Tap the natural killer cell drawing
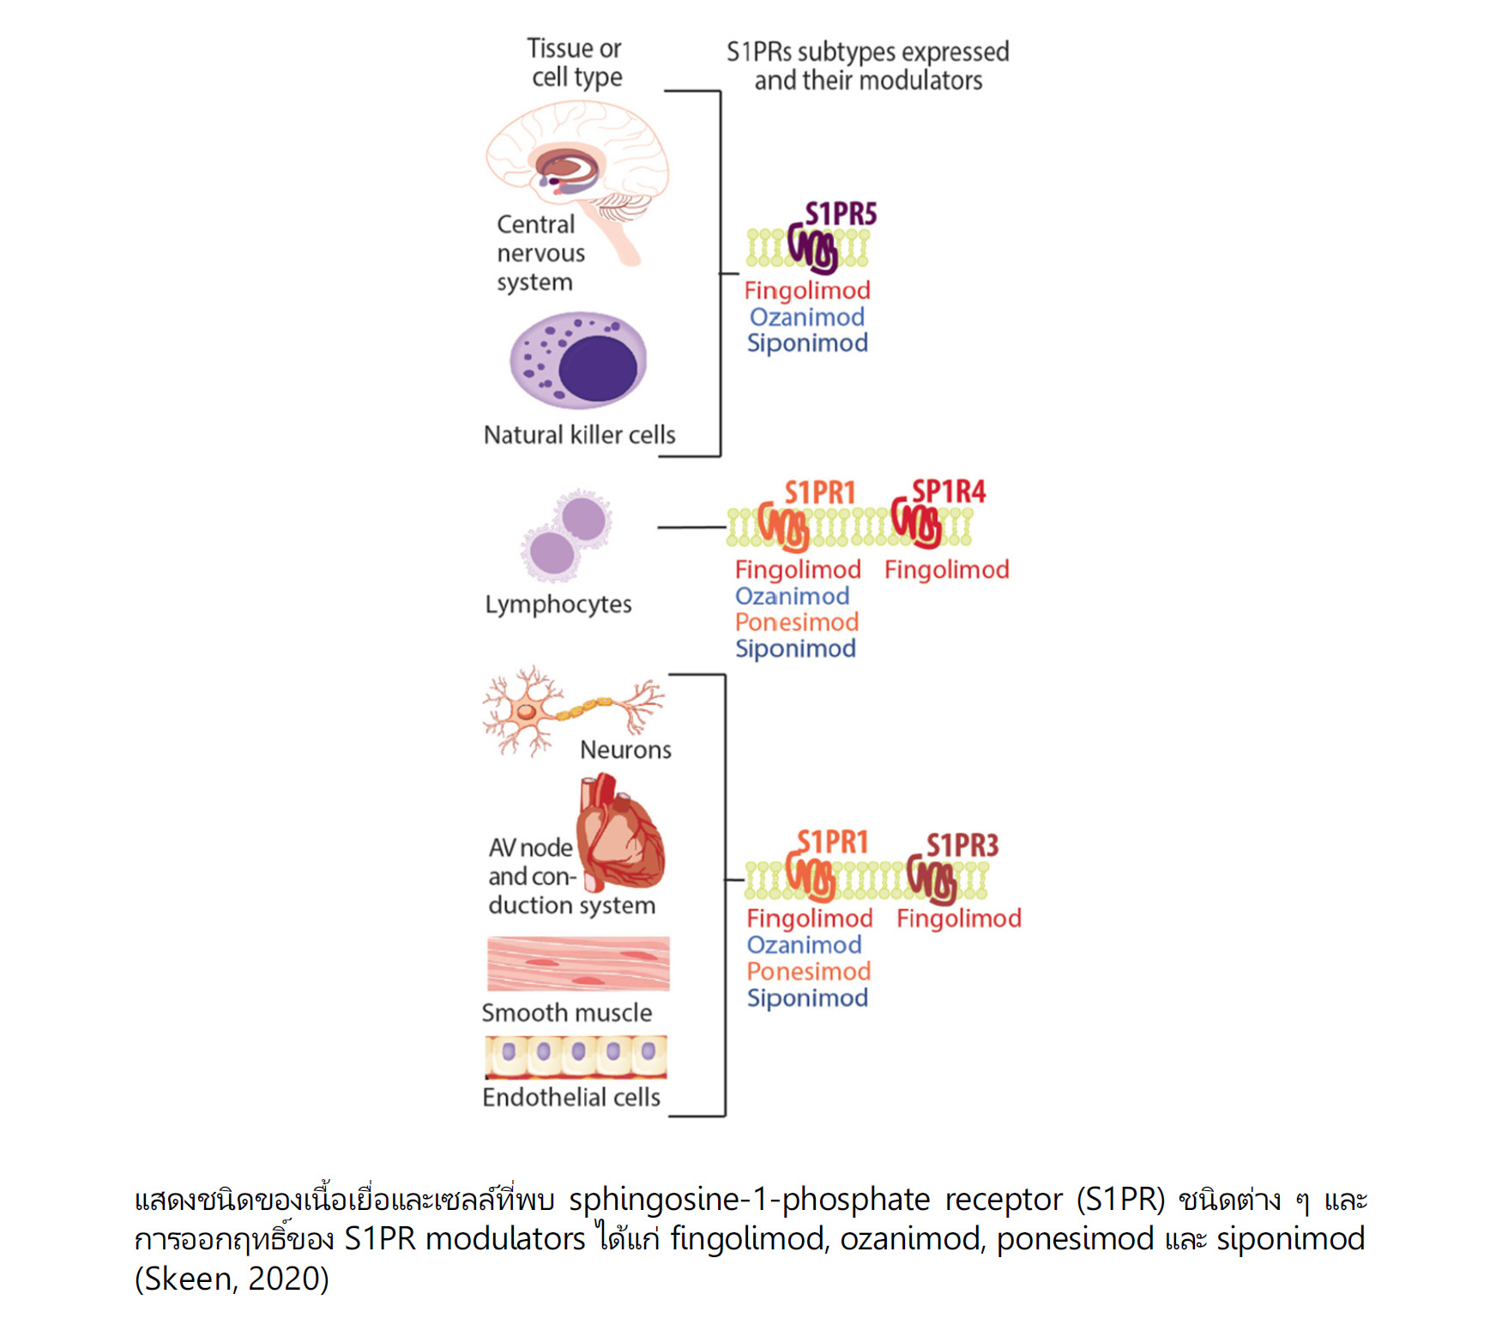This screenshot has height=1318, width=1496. pos(578,360)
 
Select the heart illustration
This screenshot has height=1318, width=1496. pos(620,833)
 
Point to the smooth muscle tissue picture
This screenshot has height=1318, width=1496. pos(578,964)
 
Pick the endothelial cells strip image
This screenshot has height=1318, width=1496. pos(576,1056)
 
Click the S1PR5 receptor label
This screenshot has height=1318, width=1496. pos(841,214)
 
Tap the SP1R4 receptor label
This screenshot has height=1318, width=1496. pos(948,491)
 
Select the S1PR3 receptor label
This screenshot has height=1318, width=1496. pos(962,846)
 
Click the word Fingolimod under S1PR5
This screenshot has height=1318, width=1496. pos(807,291)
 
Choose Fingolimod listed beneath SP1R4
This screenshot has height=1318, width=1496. pos(947,569)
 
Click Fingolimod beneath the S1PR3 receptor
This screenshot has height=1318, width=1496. pos(959,918)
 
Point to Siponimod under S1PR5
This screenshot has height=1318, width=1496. pos(807,343)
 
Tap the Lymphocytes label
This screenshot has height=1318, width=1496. pos(558,605)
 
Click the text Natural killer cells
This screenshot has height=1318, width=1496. pos(580,435)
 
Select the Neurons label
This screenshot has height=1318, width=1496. pos(625,749)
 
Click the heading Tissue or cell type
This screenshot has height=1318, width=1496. pos(575,63)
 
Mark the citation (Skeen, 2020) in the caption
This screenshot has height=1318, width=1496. pos(232,1279)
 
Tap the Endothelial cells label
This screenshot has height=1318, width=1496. pos(571,1098)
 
